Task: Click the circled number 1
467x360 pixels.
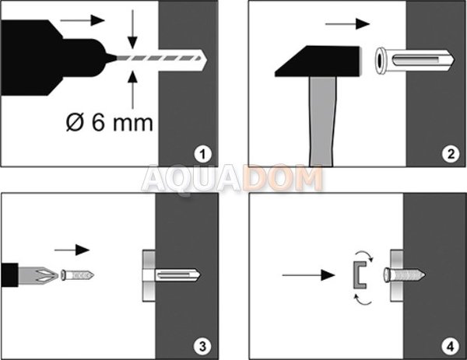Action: [x=203, y=154]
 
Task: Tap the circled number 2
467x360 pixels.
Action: [x=451, y=154]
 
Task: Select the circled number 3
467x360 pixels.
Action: [x=202, y=347]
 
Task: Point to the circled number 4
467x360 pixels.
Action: [x=451, y=347]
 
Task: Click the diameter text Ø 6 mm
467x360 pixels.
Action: [x=109, y=122]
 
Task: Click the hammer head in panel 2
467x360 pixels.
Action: [x=318, y=61]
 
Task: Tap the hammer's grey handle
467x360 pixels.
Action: [x=321, y=121]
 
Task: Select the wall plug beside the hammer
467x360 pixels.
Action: [x=414, y=61]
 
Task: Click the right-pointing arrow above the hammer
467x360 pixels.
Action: [x=347, y=24]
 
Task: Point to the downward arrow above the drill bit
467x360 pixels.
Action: [x=132, y=29]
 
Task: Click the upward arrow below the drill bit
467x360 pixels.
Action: [x=132, y=90]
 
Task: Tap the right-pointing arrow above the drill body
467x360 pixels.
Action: [x=83, y=20]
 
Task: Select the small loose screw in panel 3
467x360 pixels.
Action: [x=78, y=275]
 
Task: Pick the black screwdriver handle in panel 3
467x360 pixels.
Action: [x=9, y=275]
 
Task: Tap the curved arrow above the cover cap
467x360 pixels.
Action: [x=364, y=256]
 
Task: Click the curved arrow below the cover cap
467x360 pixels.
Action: [x=364, y=301]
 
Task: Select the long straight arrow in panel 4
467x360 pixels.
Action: [x=308, y=275]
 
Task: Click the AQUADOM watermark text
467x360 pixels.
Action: [x=232, y=180]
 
